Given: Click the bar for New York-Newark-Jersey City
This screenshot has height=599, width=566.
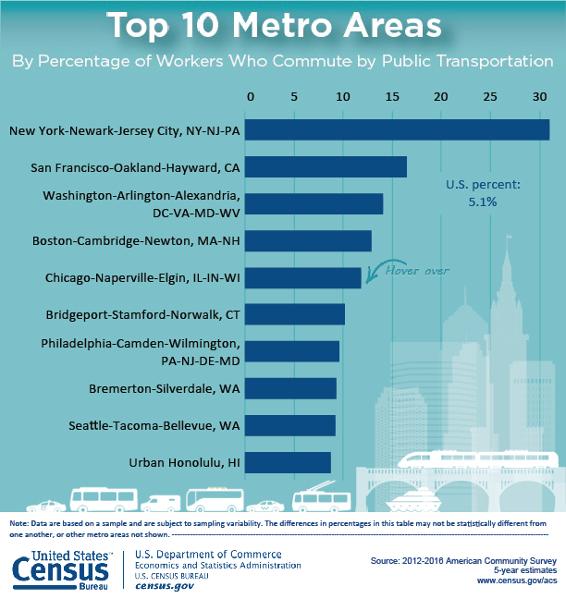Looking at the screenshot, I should pyautogui.click(x=399, y=129).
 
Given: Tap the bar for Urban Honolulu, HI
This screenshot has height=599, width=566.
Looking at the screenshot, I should pyautogui.click(x=289, y=462).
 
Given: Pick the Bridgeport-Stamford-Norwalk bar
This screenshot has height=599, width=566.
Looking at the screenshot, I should pyautogui.click(x=297, y=314).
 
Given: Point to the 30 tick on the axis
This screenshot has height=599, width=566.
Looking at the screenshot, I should pyautogui.click(x=538, y=96).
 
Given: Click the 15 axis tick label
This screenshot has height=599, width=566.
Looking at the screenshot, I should pyautogui.click(x=393, y=96).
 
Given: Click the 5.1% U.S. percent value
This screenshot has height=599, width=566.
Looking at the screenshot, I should pyautogui.click(x=483, y=201).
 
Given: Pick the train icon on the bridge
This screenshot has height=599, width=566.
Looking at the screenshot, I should pyautogui.click(x=476, y=459).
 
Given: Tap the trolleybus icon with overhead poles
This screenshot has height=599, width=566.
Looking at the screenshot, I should pyautogui.click(x=318, y=499).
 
